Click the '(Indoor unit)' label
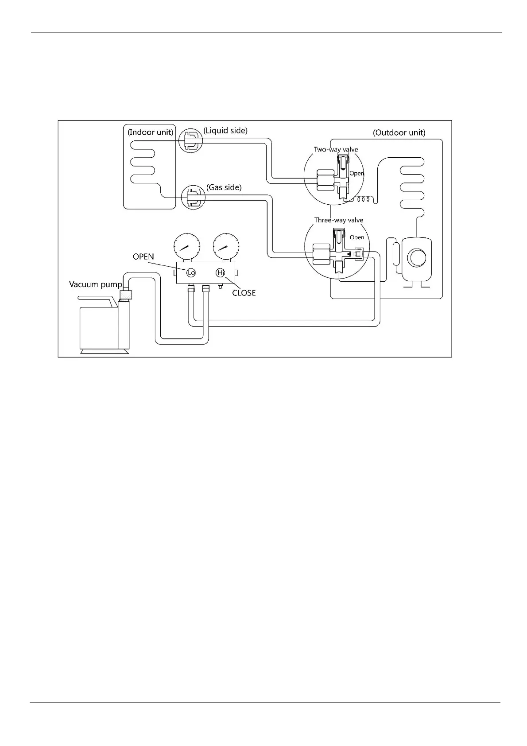click(150, 132)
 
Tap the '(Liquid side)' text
click(225, 130)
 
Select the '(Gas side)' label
click(224, 187)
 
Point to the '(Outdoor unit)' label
click(399, 132)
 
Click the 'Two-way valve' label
click(336, 149)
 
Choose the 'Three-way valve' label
click(338, 220)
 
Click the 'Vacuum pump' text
click(95, 284)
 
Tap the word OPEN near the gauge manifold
click(143, 256)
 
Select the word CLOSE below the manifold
click(244, 293)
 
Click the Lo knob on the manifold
click(191, 273)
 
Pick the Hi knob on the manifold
click(221, 273)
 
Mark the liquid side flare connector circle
click(190, 140)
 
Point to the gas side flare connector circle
click(194, 197)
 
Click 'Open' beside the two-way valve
click(356, 173)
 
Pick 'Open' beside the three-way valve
click(357, 237)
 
